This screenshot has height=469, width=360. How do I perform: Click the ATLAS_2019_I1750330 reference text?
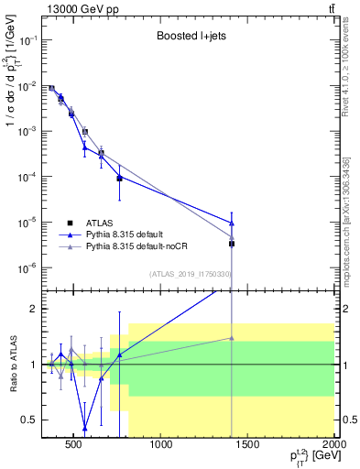tap(191, 273)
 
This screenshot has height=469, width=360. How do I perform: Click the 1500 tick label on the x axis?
tap(248, 447)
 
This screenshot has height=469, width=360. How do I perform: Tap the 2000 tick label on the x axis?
tap(334, 447)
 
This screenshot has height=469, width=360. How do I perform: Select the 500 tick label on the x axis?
tap(75, 447)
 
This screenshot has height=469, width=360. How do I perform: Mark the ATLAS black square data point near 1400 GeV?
tap(232, 244)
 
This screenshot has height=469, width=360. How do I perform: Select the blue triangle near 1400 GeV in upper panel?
tap(232, 223)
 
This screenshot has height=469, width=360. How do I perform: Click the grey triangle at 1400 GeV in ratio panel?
tap(232, 338)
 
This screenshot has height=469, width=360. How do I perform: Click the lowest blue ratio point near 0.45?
tap(84, 428)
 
